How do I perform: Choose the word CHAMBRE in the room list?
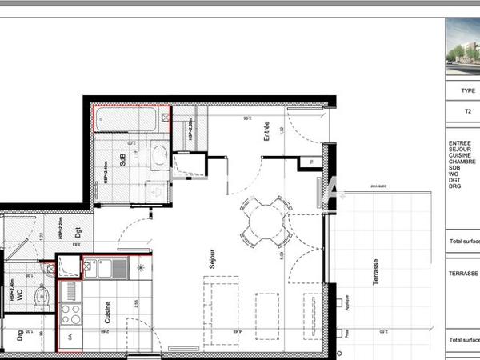(x=462, y=161)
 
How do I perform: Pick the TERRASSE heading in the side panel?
(x=463, y=273)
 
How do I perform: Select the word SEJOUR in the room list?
(x=460, y=149)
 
